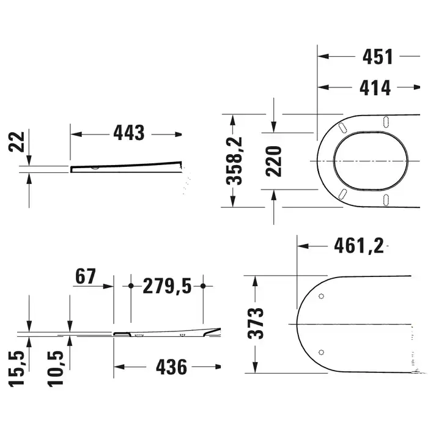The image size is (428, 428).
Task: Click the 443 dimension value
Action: (x=129, y=133)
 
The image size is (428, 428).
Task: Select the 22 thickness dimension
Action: (x=17, y=142)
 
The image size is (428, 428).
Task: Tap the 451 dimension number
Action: (x=377, y=57)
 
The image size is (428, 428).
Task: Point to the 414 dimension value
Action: (x=375, y=87)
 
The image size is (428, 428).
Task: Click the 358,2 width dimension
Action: (x=234, y=161)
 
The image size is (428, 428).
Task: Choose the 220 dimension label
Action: (x=273, y=161)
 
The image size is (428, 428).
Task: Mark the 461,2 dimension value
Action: (x=359, y=246)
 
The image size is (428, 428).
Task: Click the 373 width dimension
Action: (x=256, y=323)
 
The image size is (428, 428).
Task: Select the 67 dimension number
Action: (x=86, y=276)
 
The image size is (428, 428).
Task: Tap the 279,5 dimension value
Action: (x=167, y=286)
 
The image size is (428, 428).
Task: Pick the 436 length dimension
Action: (x=171, y=367)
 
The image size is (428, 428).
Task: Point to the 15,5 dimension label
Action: (x=17, y=369)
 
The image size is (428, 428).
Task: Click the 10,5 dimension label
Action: (x=56, y=369)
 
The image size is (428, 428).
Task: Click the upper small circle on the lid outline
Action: (x=321, y=296)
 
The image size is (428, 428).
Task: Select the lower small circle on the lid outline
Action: (x=321, y=352)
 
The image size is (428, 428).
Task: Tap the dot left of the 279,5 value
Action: (x=131, y=286)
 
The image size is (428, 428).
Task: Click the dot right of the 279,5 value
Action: (x=203, y=286)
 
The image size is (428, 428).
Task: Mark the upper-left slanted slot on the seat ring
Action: (x=342, y=128)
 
